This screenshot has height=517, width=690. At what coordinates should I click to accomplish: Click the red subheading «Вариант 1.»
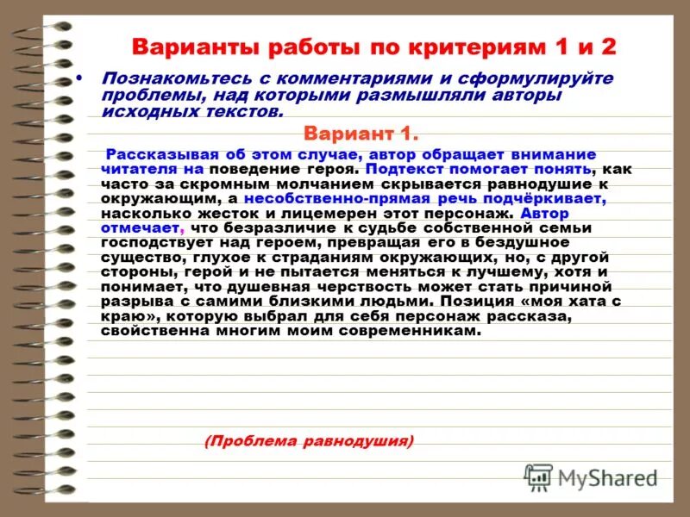point(361,134)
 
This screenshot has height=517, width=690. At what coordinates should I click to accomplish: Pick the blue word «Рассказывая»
point(154,154)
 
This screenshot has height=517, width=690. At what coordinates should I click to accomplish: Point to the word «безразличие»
point(277,227)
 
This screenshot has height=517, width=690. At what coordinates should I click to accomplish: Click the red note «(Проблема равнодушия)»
point(309,441)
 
